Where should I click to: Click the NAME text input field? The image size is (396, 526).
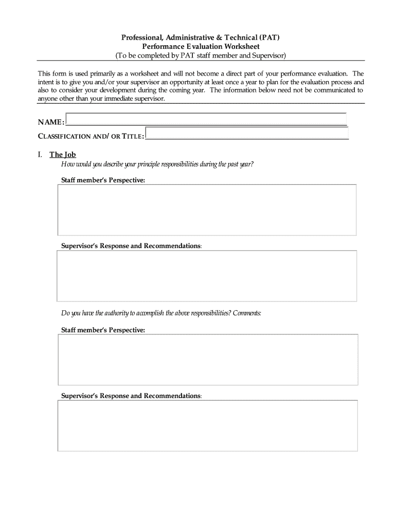206,119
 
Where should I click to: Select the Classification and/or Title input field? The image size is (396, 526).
247,134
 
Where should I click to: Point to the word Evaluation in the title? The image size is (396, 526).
201,46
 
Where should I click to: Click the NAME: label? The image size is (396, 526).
51,122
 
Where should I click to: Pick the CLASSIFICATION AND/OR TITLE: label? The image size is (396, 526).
91,136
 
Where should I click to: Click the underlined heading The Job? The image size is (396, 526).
63,155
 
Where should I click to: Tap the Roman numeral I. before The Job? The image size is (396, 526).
40,155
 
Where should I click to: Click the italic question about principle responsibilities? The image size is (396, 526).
157,164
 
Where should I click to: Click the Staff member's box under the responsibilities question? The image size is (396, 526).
207,210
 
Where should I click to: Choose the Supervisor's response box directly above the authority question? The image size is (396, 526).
207,276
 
